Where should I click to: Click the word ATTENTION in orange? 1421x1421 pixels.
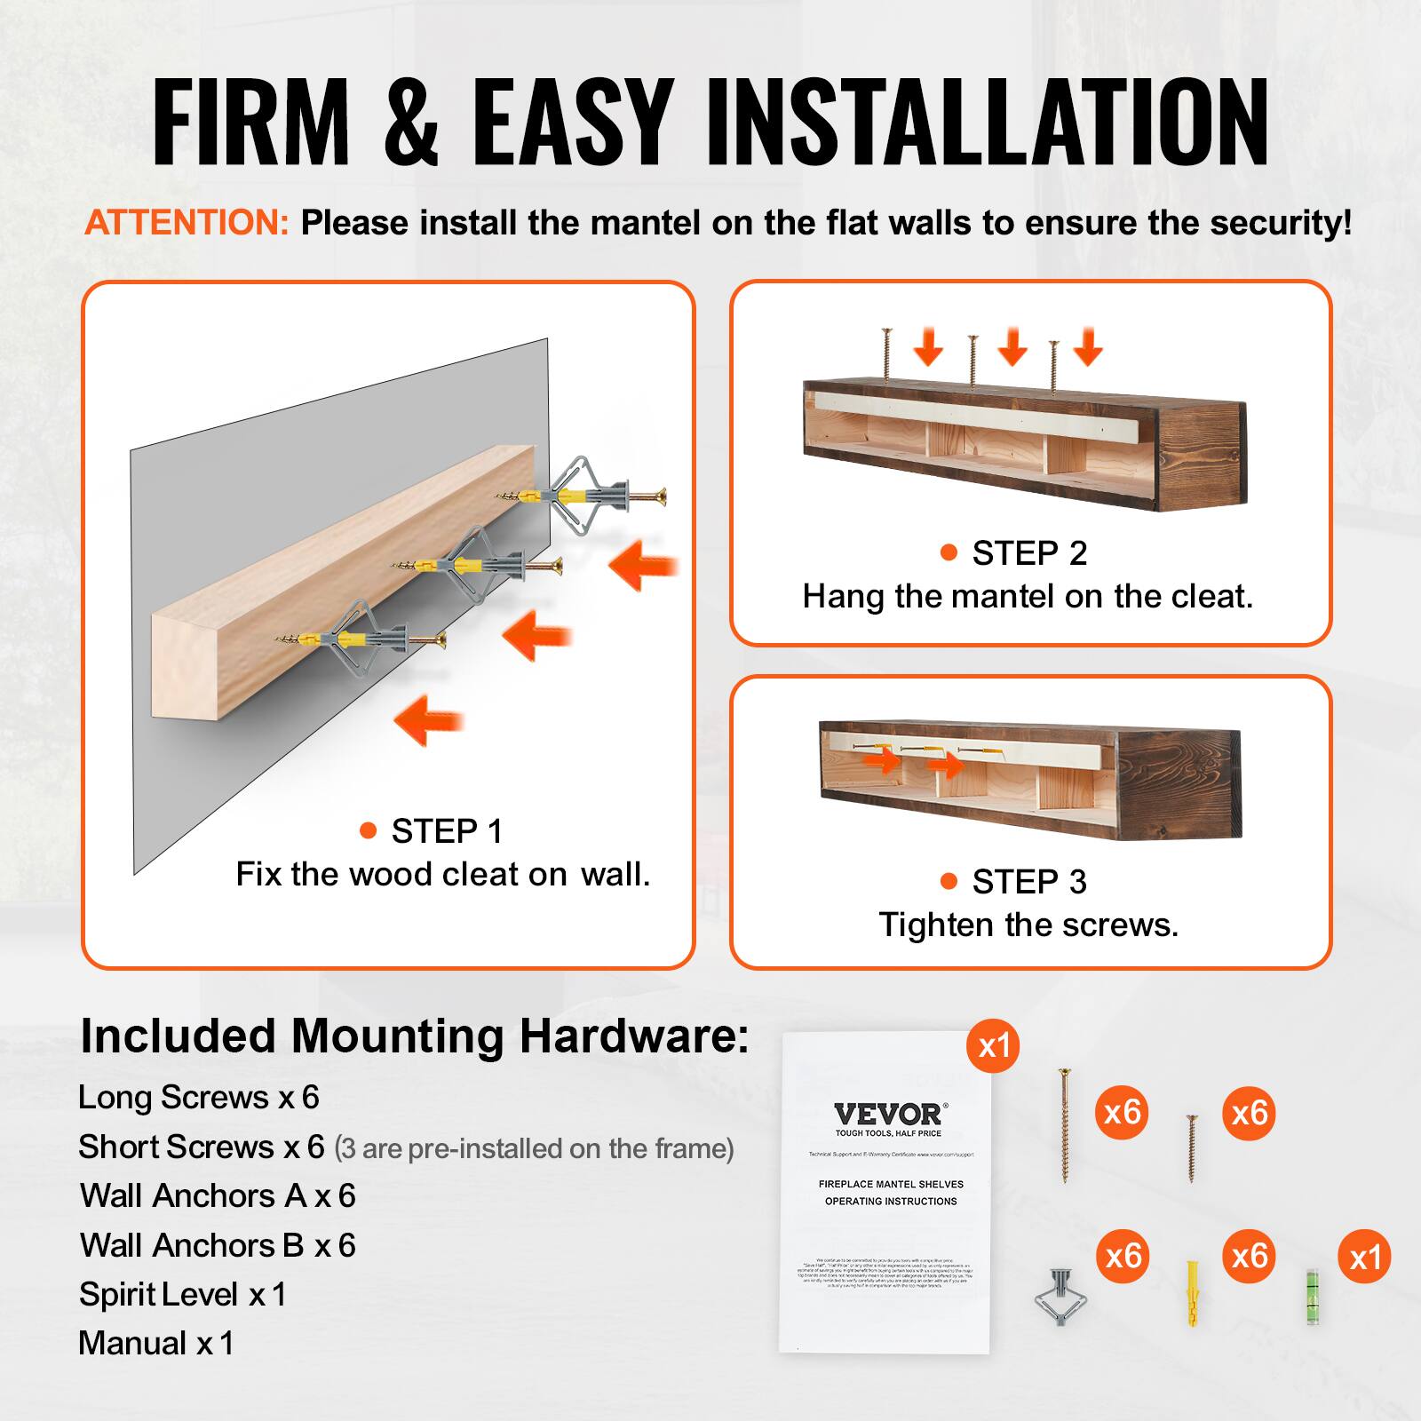[187, 222]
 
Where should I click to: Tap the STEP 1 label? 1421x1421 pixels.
[447, 831]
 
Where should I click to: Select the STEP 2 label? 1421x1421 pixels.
[1028, 553]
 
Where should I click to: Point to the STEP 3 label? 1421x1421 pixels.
[1028, 882]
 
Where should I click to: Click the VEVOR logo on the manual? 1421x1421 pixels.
[890, 1115]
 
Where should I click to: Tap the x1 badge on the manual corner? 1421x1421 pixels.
[994, 1045]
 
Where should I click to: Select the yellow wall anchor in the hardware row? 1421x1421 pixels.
[1193, 1293]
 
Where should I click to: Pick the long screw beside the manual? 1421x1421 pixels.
[1063, 1125]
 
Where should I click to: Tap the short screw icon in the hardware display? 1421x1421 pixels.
[1192, 1147]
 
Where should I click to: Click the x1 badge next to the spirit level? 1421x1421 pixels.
[1364, 1257]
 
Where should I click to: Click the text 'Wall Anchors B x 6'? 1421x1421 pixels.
[218, 1245]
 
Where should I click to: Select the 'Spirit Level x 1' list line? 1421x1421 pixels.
[182, 1294]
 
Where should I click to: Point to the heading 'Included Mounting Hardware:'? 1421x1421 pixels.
[414, 1036]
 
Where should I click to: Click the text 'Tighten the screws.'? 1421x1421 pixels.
[1028, 925]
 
